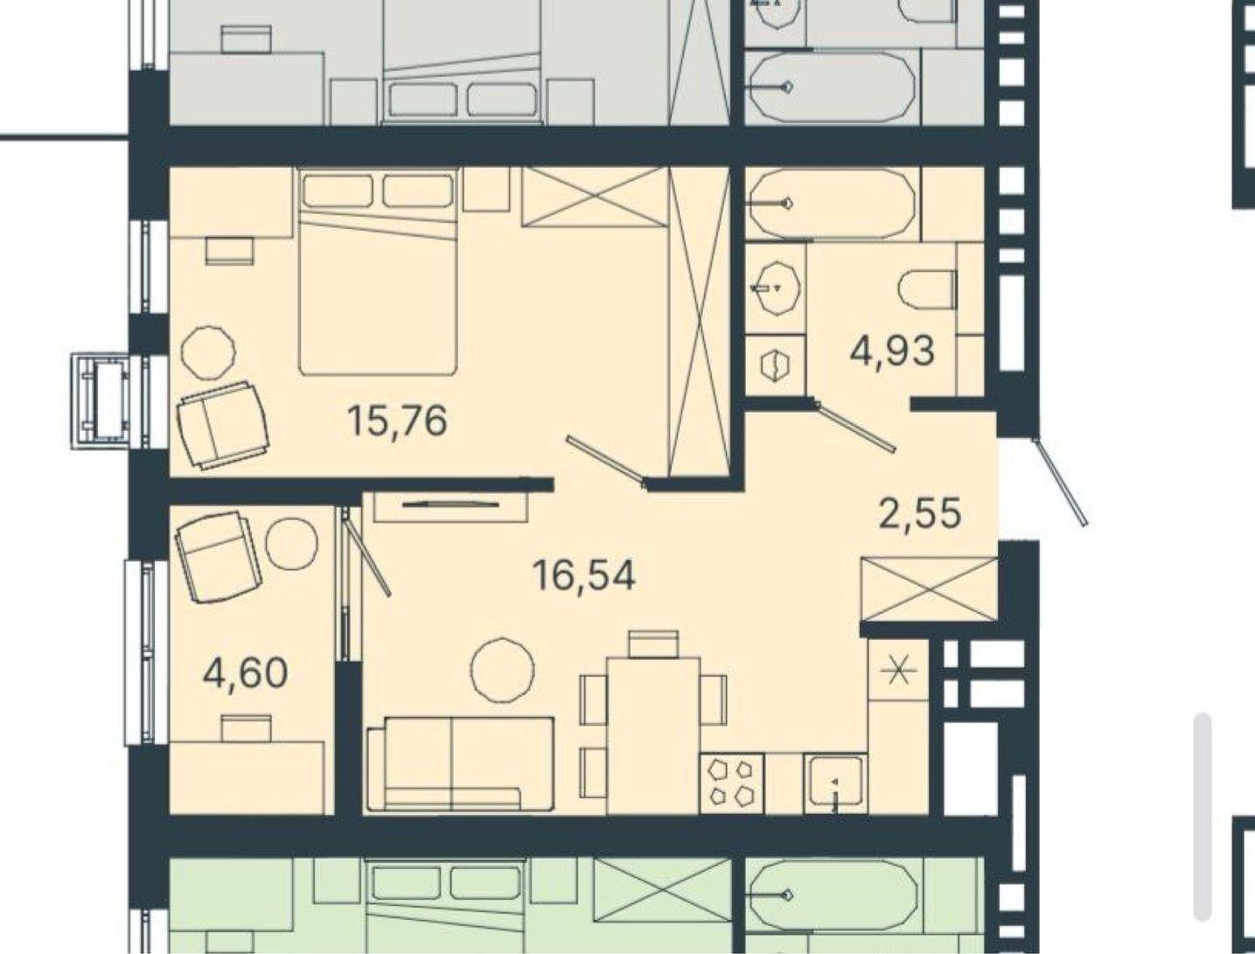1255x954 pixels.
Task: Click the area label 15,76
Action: (397, 421)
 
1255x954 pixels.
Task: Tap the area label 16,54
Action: (583, 575)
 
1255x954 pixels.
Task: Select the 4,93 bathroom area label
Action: (893, 351)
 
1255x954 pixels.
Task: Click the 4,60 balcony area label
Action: (245, 673)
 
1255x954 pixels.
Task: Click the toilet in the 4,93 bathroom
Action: (927, 291)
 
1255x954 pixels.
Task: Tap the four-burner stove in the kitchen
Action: (731, 783)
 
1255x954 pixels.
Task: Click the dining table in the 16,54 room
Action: (653, 735)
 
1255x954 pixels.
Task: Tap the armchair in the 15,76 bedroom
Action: (222, 425)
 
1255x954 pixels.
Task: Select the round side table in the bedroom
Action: (208, 352)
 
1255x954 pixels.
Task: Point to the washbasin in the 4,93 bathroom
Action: (775, 289)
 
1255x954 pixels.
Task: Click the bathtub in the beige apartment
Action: (832, 203)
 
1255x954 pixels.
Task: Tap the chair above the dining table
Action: (653, 644)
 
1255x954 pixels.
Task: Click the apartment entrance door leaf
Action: (1062, 481)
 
